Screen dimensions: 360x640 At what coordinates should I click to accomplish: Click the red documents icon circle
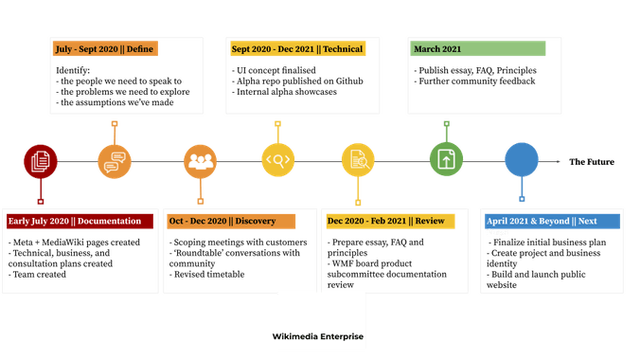pyautogui.click(x=39, y=161)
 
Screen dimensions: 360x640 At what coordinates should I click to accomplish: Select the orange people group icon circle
pyautogui.click(x=200, y=161)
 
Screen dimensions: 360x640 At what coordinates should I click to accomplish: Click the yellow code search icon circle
pyautogui.click(x=278, y=161)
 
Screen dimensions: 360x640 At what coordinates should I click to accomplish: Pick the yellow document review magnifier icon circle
pyautogui.click(x=359, y=161)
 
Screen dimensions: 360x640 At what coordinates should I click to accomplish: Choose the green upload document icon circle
pyautogui.click(x=445, y=161)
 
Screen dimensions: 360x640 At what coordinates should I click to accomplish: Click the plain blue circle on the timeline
pyautogui.click(x=521, y=161)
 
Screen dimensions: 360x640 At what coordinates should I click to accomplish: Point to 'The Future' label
pyautogui.click(x=591, y=162)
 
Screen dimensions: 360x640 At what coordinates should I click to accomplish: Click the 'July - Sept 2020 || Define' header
pyautogui.click(x=104, y=48)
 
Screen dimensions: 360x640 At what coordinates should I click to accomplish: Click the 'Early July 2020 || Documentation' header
pyautogui.click(x=80, y=221)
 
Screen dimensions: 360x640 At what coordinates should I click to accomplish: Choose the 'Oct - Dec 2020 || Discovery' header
pyautogui.click(x=231, y=221)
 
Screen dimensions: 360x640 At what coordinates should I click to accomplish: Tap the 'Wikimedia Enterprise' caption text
pyautogui.click(x=318, y=336)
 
